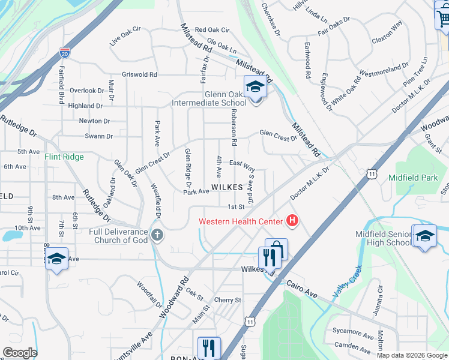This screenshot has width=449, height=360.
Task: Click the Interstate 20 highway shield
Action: [64, 53]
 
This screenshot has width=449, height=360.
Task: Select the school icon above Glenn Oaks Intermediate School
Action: [255, 87]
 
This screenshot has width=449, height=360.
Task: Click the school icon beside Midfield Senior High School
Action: [424, 235]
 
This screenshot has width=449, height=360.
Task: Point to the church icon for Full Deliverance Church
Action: [157, 235]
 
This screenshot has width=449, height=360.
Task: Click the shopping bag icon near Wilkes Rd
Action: [277, 248]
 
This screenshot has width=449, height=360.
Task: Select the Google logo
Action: [20, 353]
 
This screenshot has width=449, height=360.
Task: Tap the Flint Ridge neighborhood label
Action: [64, 157]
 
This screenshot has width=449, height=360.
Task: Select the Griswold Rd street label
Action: [139, 75]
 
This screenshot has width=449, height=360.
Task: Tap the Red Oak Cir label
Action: [212, 30]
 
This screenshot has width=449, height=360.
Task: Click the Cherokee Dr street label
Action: [271, 17]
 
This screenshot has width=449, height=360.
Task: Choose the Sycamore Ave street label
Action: [354, 332]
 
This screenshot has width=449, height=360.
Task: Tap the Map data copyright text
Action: [412, 355]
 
